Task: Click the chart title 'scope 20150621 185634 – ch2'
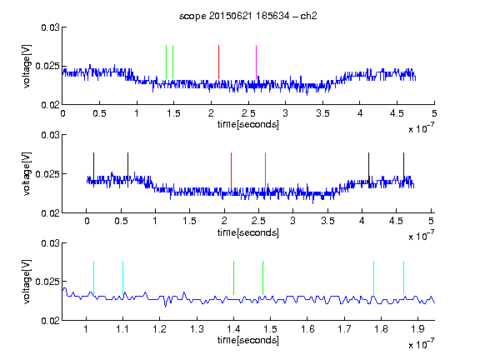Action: [x=248, y=16]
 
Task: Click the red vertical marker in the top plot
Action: [x=218, y=62]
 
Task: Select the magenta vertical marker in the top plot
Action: [x=256, y=62]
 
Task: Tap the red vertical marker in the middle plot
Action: [x=231, y=170]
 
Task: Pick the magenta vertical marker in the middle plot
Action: [x=265, y=170]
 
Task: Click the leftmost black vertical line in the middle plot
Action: [x=93, y=170]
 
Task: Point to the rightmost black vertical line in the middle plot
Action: [x=403, y=170]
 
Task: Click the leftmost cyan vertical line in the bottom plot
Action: [x=93, y=278]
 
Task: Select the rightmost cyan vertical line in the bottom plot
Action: [x=404, y=278]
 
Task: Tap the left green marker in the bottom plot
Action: [x=234, y=278]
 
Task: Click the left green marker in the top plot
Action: [x=166, y=62]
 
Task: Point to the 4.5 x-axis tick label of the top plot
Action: [x=397, y=113]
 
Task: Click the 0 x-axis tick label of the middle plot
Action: [x=87, y=221]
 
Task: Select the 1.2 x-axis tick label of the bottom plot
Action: [x=159, y=329]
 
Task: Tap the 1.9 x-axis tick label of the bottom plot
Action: [x=417, y=329]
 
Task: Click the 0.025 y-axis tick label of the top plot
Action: [x=47, y=66]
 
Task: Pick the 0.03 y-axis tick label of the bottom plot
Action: [x=50, y=243]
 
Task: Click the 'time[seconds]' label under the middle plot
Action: [x=248, y=232]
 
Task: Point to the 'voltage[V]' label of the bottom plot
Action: [x=27, y=282]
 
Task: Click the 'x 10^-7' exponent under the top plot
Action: [x=421, y=128]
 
